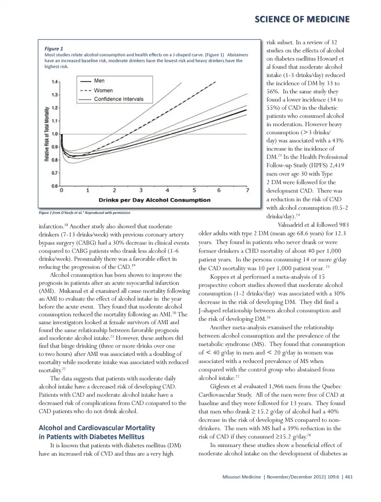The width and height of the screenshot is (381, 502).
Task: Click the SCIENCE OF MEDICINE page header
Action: point(302,19)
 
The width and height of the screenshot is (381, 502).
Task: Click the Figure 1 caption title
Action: point(54,49)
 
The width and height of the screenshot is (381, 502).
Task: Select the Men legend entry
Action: point(99,81)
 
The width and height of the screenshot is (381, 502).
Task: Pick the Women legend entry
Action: point(103,90)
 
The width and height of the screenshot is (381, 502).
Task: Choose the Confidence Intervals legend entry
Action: point(118,99)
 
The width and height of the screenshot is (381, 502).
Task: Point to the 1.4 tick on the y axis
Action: point(55,82)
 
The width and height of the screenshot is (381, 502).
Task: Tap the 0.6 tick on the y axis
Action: point(55,186)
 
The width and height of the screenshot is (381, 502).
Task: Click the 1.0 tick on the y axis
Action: point(55,134)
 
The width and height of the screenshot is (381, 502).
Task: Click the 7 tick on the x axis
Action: point(248,190)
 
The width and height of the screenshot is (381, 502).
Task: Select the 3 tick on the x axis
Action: point(141,190)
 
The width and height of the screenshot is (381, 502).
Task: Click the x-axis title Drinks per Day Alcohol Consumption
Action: point(154,200)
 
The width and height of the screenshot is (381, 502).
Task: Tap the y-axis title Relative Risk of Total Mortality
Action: point(47,134)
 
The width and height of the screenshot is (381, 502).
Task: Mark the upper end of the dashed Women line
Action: point(216,82)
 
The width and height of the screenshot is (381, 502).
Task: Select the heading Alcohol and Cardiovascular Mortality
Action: point(97,428)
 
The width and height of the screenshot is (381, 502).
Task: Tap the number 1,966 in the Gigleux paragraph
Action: point(276,386)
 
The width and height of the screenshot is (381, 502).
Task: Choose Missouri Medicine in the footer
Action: point(241,477)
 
